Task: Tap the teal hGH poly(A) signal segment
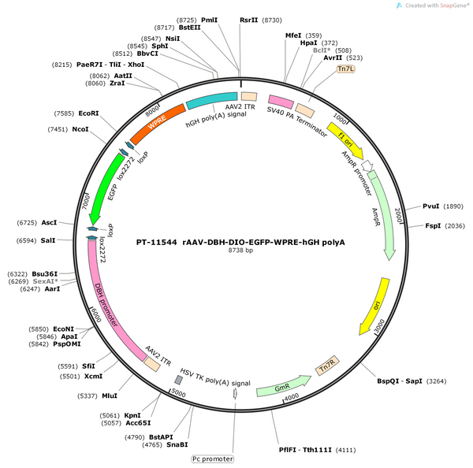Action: (212, 100)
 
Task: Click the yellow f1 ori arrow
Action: (346, 140)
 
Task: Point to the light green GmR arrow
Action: (284, 386)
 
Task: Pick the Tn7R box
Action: (327, 366)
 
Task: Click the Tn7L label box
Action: (346, 69)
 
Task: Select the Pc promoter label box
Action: (213, 459)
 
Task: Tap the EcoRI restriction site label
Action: (88, 113)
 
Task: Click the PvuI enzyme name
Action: (430, 206)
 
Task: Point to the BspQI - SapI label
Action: (400, 381)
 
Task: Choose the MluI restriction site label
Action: (110, 396)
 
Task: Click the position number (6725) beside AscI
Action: (27, 222)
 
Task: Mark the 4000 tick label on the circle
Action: (292, 397)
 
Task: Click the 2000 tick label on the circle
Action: (398, 215)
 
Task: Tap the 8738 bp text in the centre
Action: (240, 251)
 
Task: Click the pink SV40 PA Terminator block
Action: (281, 102)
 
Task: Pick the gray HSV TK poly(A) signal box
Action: (179, 380)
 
